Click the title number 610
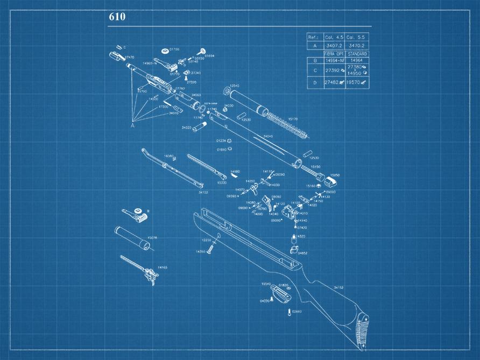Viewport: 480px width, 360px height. tap(117, 17)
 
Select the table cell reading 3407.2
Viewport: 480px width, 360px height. tap(334, 46)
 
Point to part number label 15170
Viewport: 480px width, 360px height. tap(293, 119)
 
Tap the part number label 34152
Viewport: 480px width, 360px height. tap(338, 287)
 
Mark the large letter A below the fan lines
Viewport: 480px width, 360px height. tap(132, 125)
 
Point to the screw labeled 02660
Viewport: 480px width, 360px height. tap(290, 312)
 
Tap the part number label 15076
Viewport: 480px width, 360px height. tap(152, 237)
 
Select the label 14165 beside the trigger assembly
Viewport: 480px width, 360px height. tap(162, 267)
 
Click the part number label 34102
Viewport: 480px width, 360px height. tap(203, 192)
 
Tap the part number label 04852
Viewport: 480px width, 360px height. tap(302, 253)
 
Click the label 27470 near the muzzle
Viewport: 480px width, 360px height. tap(130, 57)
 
